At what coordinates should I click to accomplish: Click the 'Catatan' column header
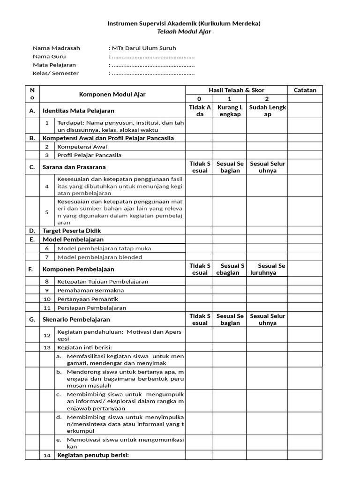click(x=305, y=90)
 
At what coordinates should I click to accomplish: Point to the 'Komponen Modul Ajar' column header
click(x=112, y=94)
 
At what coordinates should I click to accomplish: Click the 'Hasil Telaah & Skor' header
click(x=237, y=90)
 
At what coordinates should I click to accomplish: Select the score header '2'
click(x=267, y=99)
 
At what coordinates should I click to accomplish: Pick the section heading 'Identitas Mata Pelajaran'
click(x=78, y=111)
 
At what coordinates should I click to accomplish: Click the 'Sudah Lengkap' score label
click(x=268, y=111)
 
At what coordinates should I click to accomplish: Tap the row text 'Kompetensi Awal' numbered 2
click(x=82, y=147)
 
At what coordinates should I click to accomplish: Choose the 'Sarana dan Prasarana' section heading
click(x=74, y=167)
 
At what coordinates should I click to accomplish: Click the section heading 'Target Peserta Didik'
click(x=72, y=231)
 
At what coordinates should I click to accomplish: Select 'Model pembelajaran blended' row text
click(x=99, y=257)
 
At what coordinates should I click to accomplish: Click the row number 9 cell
click(x=47, y=290)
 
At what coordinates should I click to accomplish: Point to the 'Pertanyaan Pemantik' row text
click(x=87, y=299)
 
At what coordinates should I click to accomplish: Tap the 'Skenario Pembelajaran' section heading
click(x=76, y=319)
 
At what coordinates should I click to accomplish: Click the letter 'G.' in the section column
click(x=32, y=319)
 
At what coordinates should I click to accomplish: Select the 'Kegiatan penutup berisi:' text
click(x=92, y=455)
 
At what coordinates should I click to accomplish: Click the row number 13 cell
click(x=47, y=347)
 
